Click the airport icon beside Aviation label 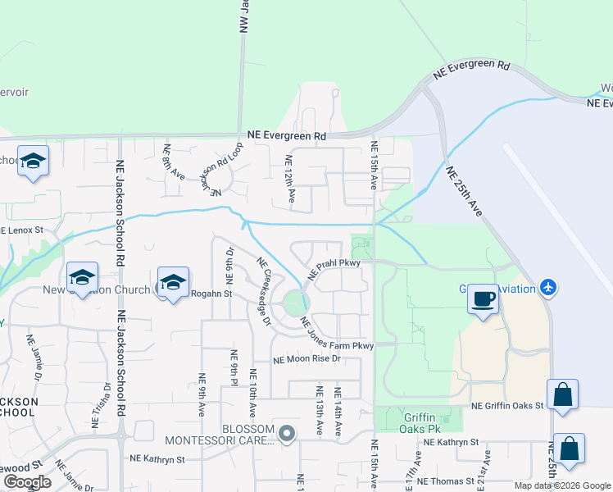click(x=548, y=288)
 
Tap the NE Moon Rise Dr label click(x=306, y=359)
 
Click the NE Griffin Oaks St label click(x=507, y=406)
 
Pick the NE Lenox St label click(x=22, y=230)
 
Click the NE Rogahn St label click(x=211, y=293)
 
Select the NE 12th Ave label click(x=289, y=179)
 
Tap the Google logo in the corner click(x=26, y=482)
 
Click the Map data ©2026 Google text click(x=562, y=485)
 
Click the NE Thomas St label click(x=447, y=481)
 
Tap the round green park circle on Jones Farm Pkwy click(x=293, y=306)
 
